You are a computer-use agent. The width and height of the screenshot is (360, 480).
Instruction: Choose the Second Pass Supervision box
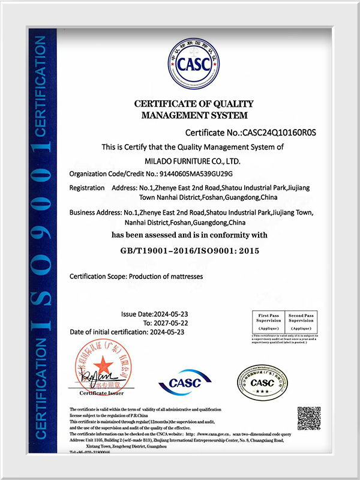(x=300, y=322)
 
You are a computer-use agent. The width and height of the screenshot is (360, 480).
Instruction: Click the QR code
(x=309, y=418)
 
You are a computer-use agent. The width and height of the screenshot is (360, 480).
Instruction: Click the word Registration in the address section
(x=88, y=188)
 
